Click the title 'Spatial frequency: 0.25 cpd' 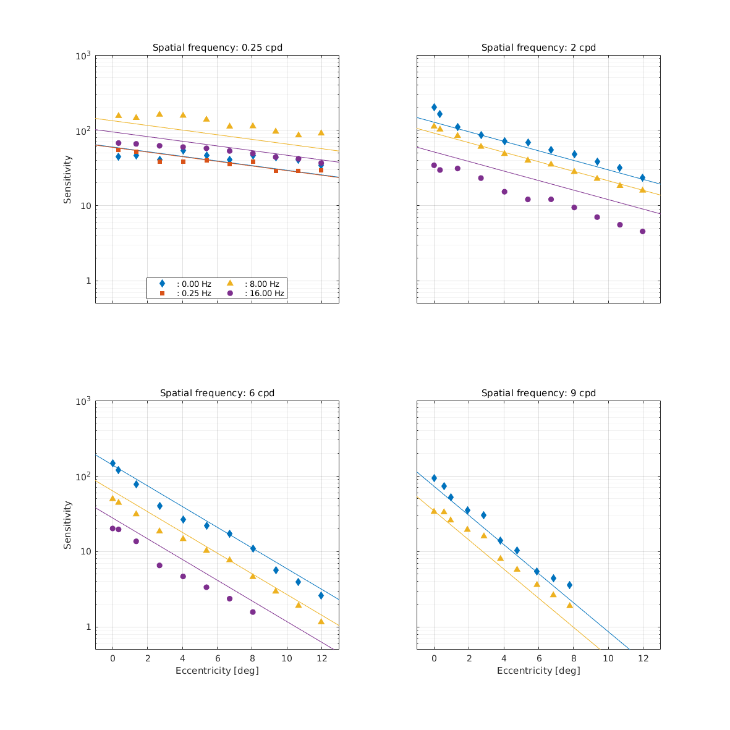pos(217,48)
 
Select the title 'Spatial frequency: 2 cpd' pos(538,48)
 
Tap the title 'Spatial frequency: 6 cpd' pos(217,393)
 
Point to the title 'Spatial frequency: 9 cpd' pos(538,393)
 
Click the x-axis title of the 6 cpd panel pos(217,671)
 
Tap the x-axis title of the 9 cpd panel pos(538,671)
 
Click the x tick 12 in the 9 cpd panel pos(643,659)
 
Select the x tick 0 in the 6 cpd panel pos(112,659)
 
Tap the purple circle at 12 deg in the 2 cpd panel pos(642,232)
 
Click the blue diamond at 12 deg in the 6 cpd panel pos(321,595)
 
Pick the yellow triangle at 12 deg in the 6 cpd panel pos(321,621)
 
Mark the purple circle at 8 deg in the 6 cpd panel pos(253,612)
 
